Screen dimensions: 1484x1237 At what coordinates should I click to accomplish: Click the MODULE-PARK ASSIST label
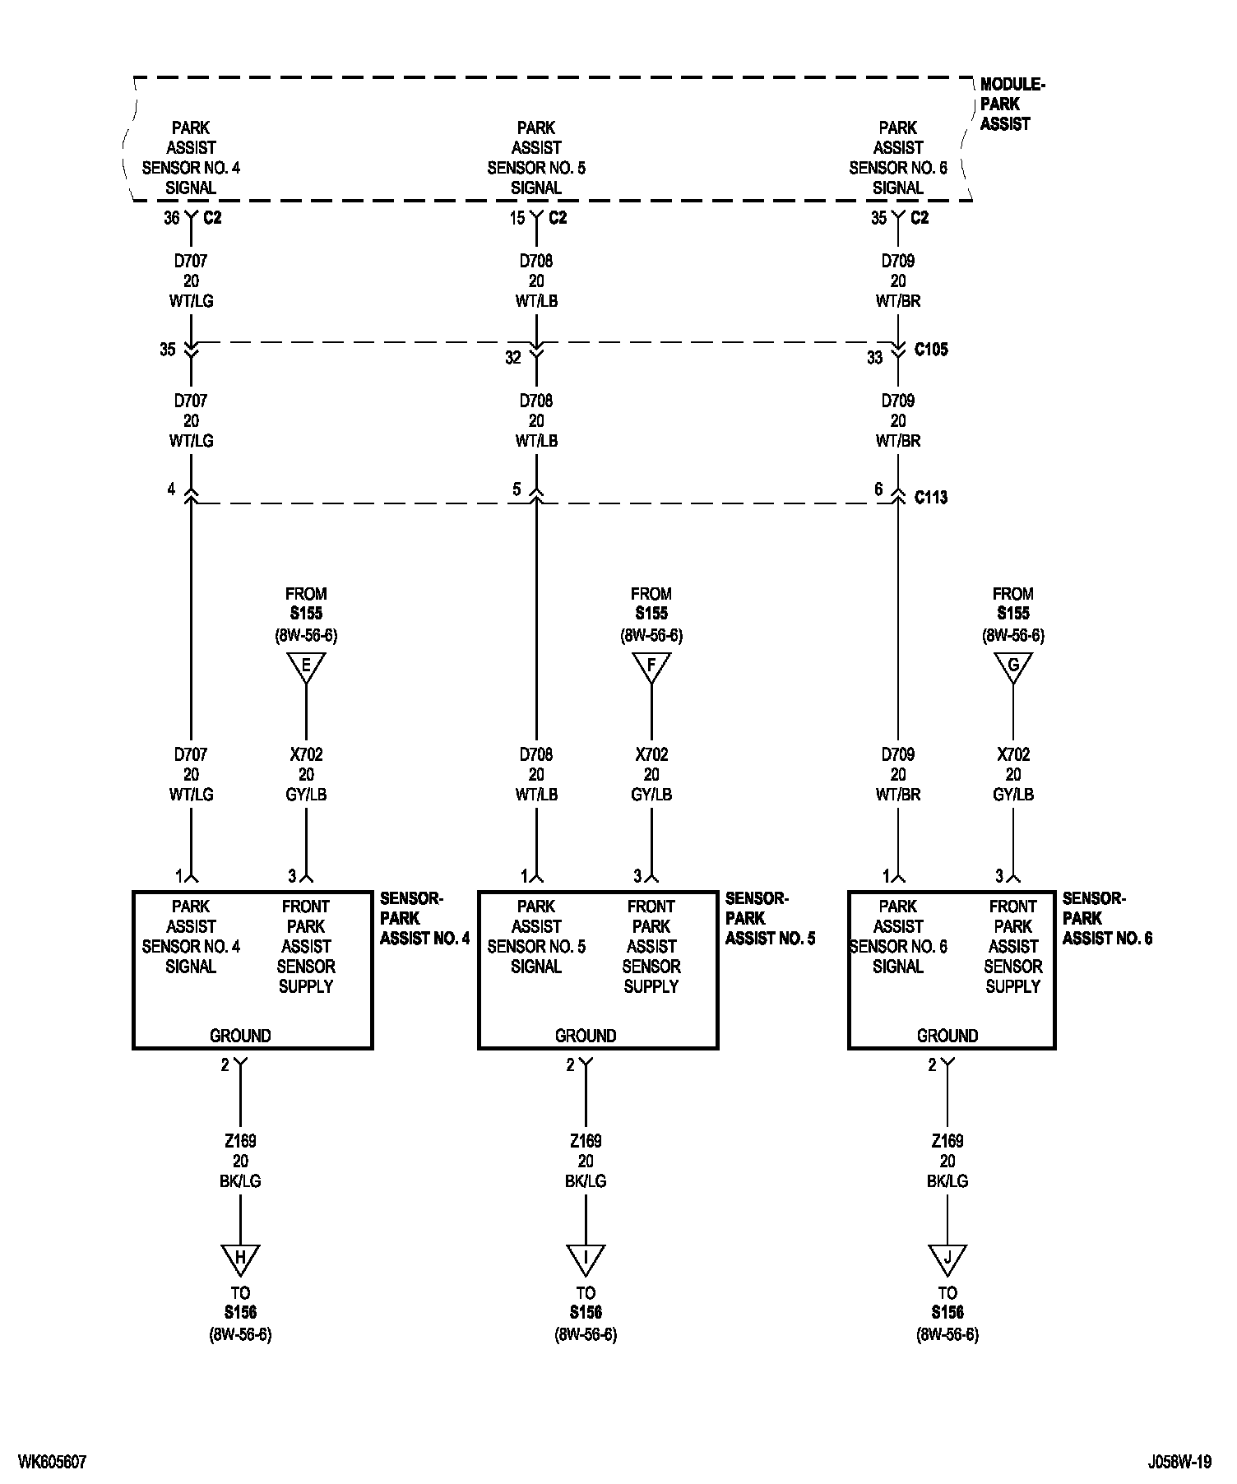[x=1011, y=104]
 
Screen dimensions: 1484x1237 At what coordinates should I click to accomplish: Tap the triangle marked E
[x=306, y=665]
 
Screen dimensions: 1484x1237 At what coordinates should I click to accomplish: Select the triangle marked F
[x=651, y=665]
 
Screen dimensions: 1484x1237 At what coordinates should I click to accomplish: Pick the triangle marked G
[x=1013, y=665]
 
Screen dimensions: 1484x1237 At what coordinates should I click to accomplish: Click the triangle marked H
[x=240, y=1258]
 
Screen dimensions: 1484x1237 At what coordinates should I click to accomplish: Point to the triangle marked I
[x=586, y=1258]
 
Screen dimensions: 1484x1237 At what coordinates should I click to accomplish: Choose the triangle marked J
[x=947, y=1258]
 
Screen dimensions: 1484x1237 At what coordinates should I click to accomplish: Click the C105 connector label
[x=931, y=350]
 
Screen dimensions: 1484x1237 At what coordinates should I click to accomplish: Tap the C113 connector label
[x=931, y=498]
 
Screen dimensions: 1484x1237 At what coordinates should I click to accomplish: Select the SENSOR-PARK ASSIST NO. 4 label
[x=424, y=918]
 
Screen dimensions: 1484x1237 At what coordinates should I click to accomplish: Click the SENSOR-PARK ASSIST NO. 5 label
[x=769, y=918]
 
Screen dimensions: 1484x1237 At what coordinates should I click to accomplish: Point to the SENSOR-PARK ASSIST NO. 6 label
[x=1106, y=918]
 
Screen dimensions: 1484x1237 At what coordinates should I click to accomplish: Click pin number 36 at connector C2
[x=171, y=218]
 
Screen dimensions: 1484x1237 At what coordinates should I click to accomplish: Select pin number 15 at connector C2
[x=517, y=218]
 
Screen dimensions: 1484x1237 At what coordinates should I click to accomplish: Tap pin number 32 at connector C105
[x=513, y=358]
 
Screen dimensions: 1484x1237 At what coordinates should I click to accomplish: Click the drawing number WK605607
[x=52, y=1462]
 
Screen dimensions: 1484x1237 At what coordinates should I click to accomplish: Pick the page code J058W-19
[x=1180, y=1462]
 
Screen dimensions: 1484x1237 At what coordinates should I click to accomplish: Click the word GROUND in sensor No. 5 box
[x=586, y=1036]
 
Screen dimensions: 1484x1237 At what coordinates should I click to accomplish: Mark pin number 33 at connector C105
[x=874, y=358]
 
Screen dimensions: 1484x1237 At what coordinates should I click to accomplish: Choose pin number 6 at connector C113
[x=878, y=489]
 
